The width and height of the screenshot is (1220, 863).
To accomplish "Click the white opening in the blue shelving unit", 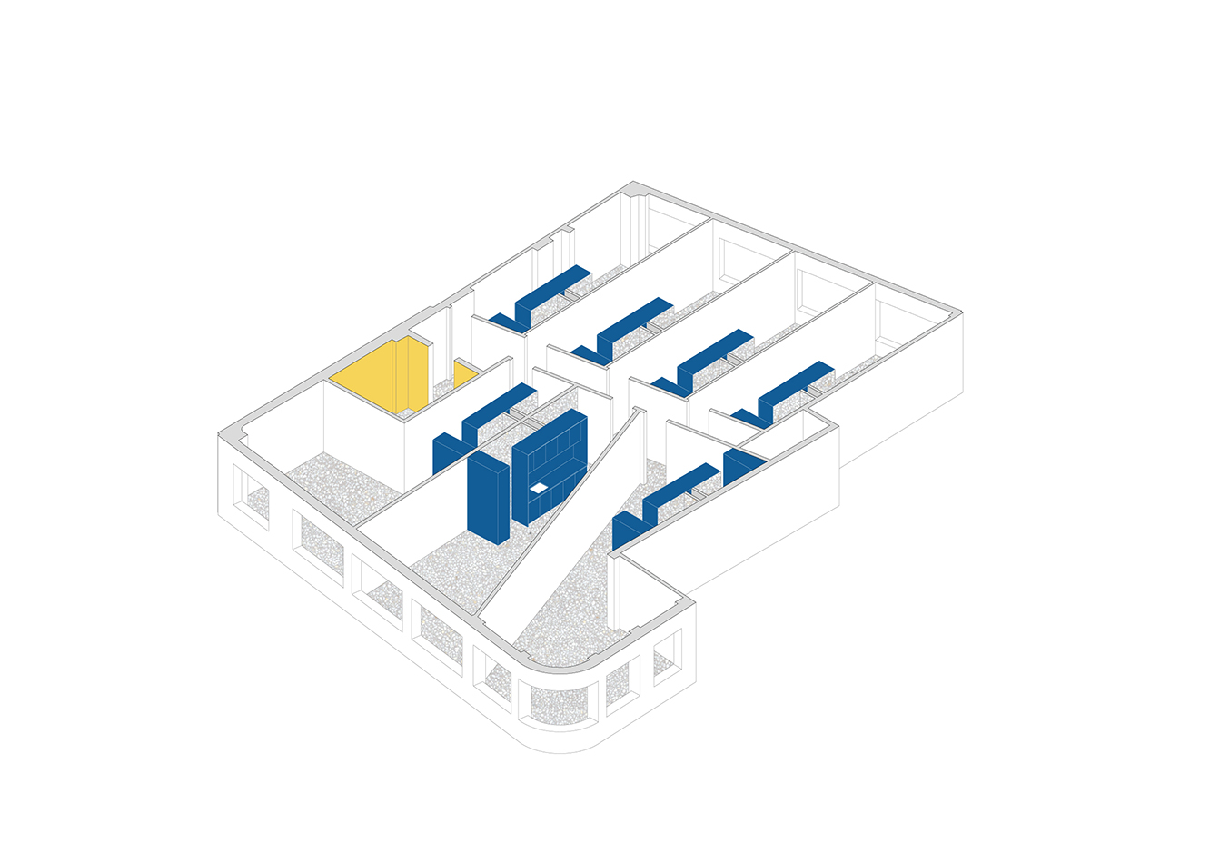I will click(539, 488).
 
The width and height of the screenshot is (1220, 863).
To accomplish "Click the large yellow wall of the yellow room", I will click(363, 377).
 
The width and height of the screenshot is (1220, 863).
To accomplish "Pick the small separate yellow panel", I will click(465, 373).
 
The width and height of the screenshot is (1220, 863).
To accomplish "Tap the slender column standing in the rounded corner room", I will click(619, 590).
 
